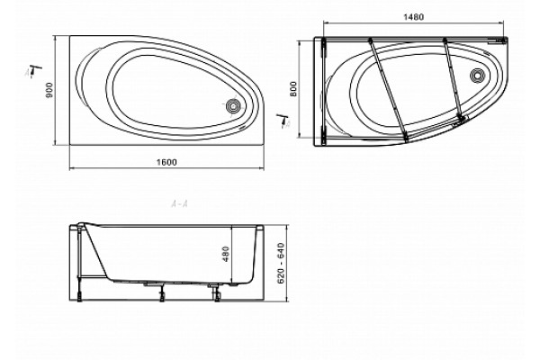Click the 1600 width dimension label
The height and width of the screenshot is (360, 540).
166,162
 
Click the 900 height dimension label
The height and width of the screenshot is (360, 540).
49,90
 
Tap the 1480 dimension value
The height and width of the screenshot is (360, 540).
413,17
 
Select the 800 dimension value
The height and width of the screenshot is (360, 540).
293,88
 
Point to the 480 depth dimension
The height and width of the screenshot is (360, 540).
226,254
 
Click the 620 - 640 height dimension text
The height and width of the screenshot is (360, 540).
281,263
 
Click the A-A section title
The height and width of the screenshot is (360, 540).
179,204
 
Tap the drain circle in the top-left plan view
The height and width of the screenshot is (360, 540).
233,106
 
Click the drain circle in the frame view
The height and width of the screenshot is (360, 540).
477,75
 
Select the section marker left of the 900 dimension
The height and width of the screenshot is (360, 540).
33,70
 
